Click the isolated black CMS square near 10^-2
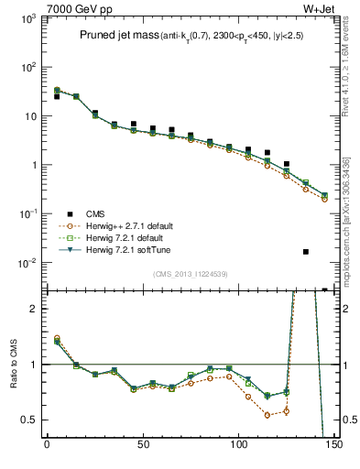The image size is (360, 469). click(x=305, y=251)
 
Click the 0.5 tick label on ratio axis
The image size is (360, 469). click(x=29, y=420)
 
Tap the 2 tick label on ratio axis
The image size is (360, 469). click(x=33, y=309)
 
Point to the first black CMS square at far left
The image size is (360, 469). click(x=57, y=96)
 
